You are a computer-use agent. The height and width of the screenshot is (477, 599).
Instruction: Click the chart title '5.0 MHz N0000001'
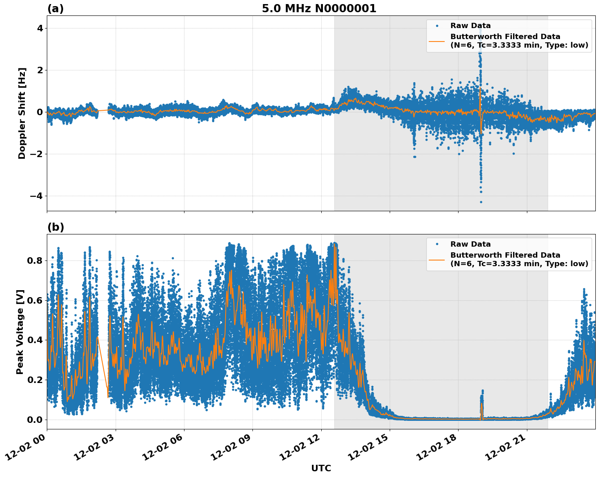coord(319,9)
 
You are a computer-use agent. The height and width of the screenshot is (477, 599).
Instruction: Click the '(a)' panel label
coord(55,9)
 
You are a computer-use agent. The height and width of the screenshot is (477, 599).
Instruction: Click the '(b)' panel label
coord(55,227)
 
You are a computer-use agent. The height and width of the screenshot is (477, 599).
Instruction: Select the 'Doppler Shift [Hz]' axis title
coord(22,113)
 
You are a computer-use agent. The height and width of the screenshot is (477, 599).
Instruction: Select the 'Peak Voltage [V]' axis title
coord(20,332)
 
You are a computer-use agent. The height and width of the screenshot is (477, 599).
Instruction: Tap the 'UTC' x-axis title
coord(321,468)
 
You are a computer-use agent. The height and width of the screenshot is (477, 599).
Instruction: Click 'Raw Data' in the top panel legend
coord(470,26)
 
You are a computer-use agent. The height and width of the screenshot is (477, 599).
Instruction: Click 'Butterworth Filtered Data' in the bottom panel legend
coord(505,255)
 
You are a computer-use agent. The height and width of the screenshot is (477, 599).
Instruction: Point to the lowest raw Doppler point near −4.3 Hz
coord(481,202)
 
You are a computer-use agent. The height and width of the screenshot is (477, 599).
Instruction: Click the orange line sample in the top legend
coord(437,41)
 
